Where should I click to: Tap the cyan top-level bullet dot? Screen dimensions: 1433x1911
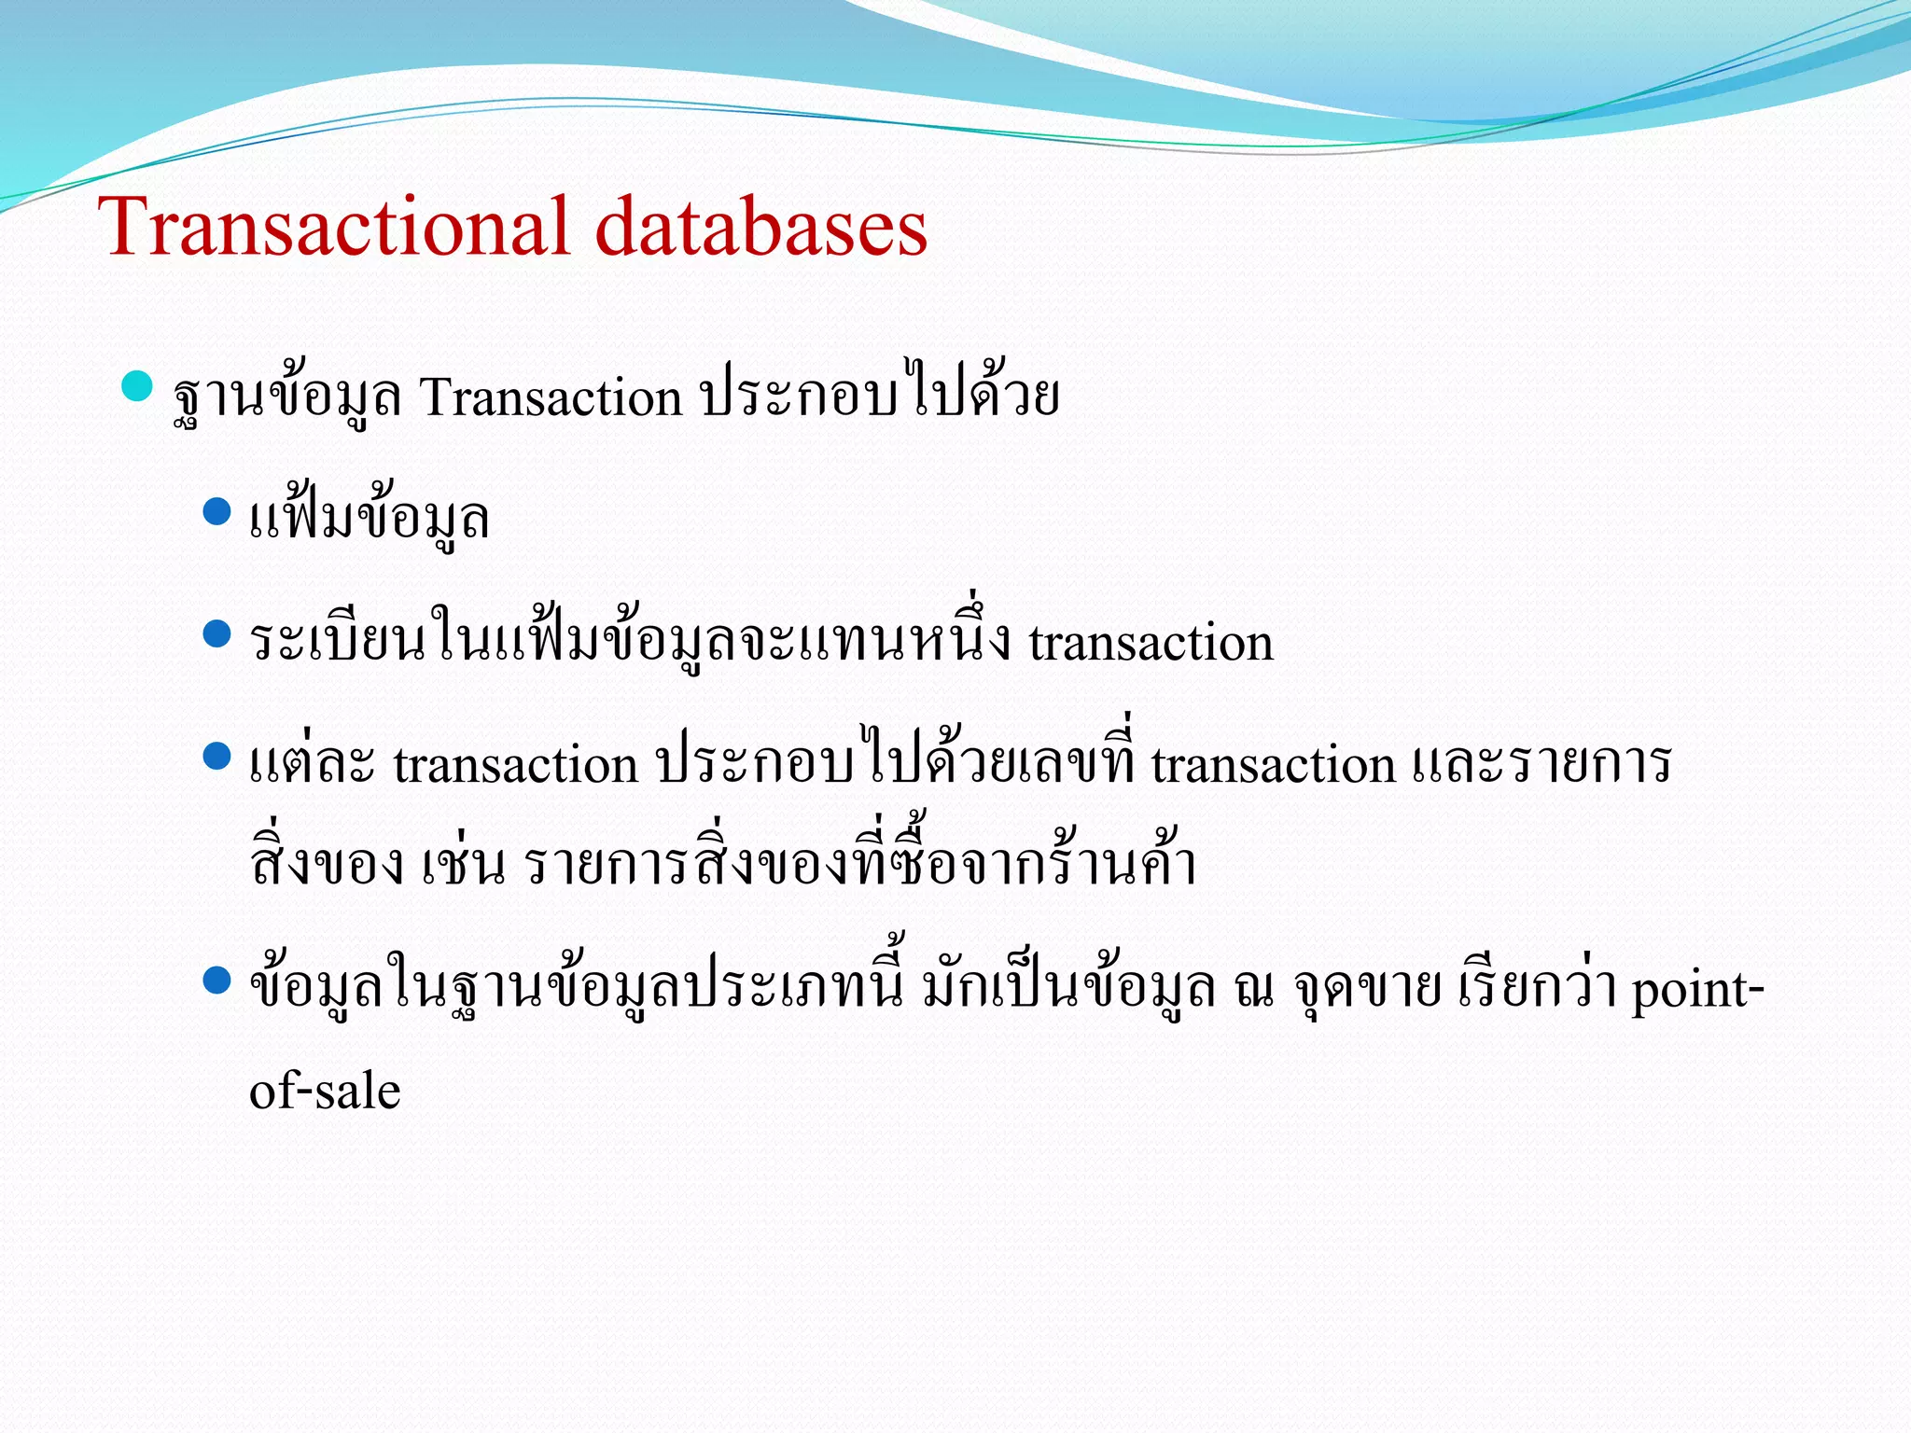(x=137, y=385)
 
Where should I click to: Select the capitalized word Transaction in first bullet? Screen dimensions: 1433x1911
(x=551, y=398)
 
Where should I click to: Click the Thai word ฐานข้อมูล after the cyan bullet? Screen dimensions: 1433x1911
(x=287, y=398)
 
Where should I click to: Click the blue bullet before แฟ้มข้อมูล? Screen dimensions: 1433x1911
(x=216, y=511)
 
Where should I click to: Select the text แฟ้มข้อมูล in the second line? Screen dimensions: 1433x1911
(x=370, y=519)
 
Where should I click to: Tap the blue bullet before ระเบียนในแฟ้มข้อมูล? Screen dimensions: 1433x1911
(x=216, y=634)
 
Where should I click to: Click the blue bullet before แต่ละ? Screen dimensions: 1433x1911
(x=216, y=757)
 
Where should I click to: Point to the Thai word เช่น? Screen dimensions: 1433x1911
(x=464, y=864)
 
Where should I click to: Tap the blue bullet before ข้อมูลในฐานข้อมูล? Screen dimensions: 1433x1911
(x=216, y=981)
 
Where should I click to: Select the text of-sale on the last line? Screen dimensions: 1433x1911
(x=325, y=1091)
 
